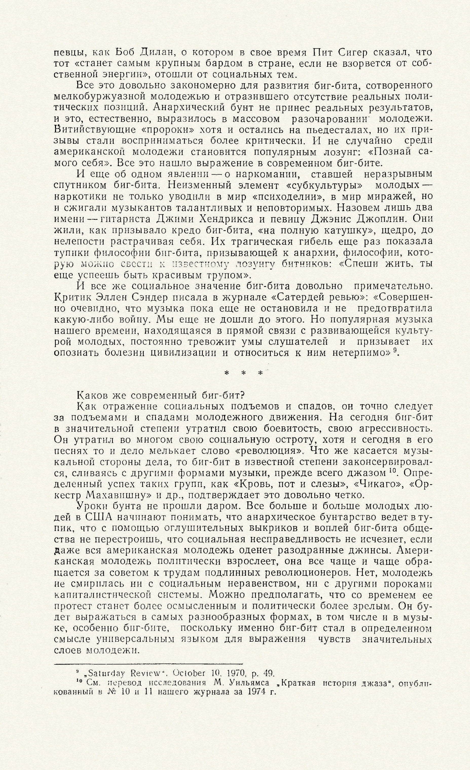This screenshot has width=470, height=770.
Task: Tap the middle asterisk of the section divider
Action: click(x=244, y=373)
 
